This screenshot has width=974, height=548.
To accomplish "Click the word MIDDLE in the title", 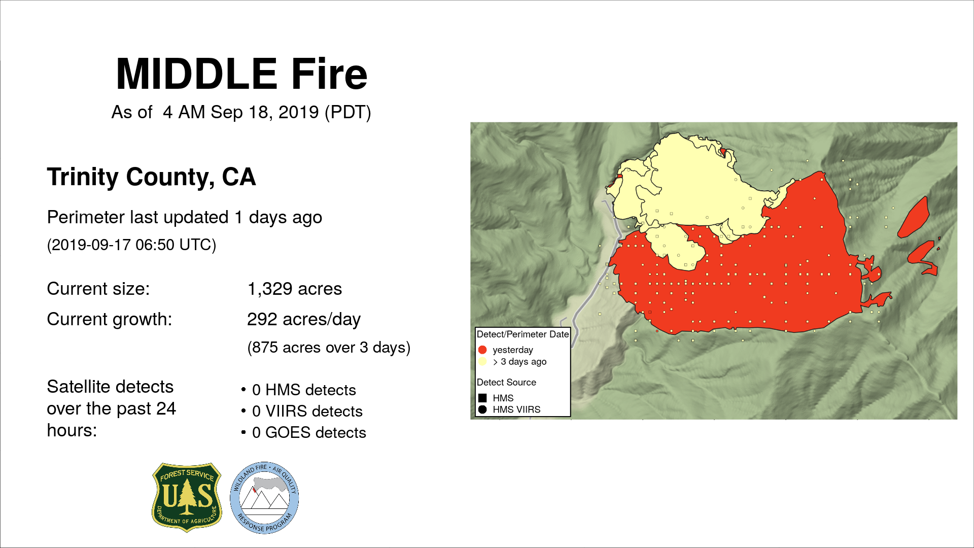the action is tap(197, 74).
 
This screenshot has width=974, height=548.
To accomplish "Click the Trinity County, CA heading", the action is tap(151, 177).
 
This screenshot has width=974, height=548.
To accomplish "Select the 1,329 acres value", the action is tap(294, 289).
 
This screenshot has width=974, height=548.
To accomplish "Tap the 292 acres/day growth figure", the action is tap(303, 319).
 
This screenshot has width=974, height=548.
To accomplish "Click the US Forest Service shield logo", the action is tap(187, 497).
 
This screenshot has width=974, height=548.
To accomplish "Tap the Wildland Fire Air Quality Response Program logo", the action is tap(264, 498).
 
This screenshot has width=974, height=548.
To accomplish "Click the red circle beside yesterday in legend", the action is tap(482, 350).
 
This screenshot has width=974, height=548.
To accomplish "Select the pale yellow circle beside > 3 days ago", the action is tap(482, 361).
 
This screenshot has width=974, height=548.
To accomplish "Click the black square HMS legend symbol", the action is tap(482, 398).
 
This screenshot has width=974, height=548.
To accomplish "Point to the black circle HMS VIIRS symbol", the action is tap(482, 409).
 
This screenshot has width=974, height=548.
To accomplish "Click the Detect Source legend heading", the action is tap(506, 382).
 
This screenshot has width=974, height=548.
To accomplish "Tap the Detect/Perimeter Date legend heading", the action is tap(523, 334).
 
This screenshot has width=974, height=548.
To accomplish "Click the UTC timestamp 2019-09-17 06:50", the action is tap(131, 245).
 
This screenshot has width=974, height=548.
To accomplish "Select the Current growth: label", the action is tap(110, 319).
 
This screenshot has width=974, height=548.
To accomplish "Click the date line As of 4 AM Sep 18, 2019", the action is tap(241, 112).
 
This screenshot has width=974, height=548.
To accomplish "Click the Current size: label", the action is tap(98, 289).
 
